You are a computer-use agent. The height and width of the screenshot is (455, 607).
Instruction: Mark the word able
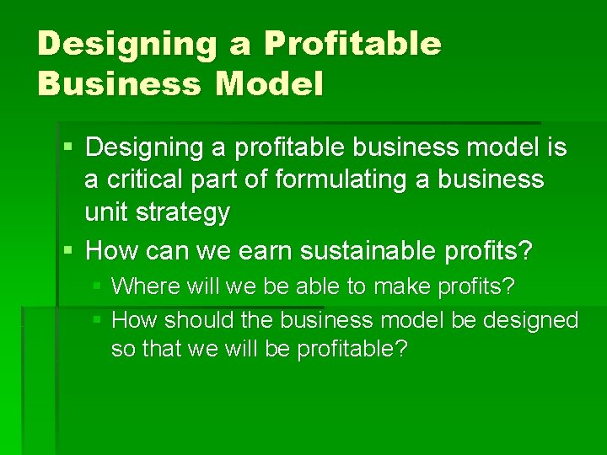click(x=318, y=286)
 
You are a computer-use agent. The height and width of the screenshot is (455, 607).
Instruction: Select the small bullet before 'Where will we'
click(x=98, y=286)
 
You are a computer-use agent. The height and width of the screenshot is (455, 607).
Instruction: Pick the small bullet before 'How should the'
click(x=98, y=320)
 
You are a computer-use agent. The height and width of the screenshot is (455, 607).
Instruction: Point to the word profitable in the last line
click(x=346, y=349)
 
